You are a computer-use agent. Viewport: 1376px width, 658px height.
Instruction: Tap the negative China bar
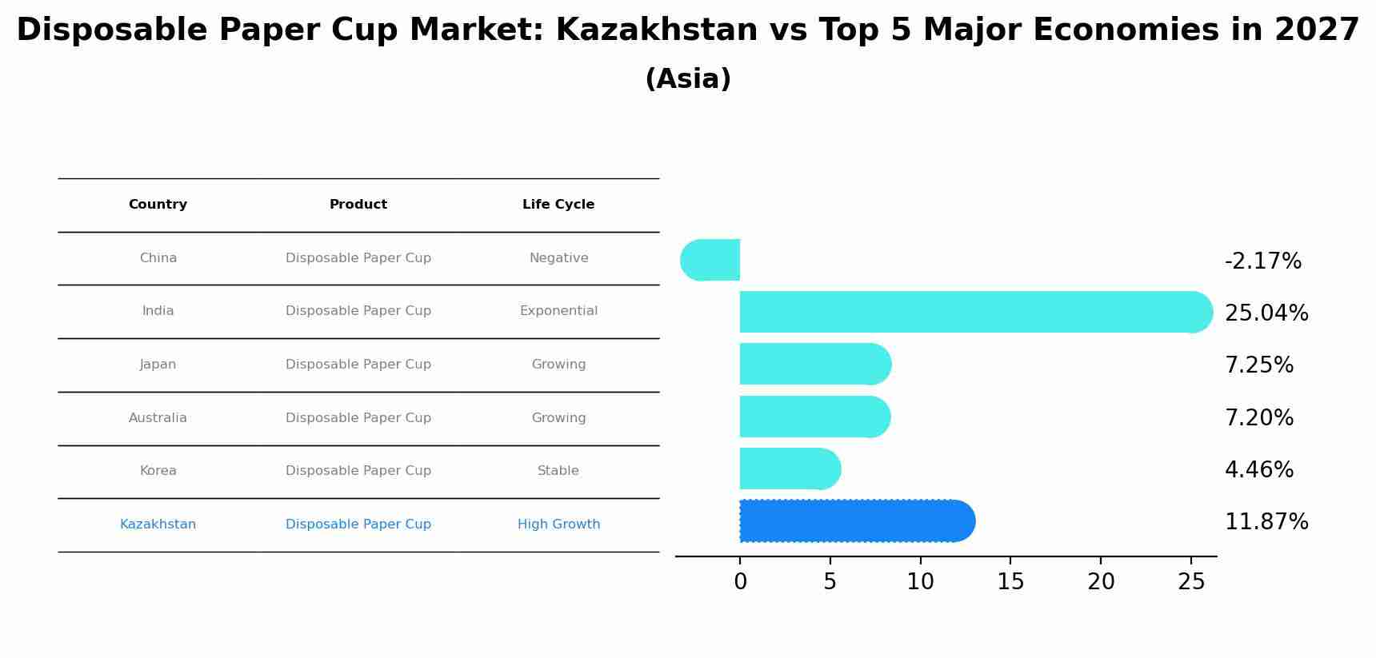point(710,260)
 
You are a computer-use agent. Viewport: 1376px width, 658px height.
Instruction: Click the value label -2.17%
point(1262,261)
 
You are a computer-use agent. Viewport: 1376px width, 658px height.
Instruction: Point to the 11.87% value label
point(1266,522)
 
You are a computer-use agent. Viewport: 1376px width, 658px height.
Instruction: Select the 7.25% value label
point(1258,365)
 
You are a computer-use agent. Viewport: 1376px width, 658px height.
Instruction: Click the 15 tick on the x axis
point(1010,582)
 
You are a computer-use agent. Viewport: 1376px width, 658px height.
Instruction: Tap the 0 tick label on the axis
point(740,582)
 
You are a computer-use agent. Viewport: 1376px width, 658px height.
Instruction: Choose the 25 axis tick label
point(1191,582)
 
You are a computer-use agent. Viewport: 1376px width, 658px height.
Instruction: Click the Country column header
point(158,205)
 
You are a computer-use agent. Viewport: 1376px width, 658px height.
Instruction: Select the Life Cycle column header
point(558,205)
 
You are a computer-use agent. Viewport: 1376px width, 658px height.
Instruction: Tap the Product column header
point(358,205)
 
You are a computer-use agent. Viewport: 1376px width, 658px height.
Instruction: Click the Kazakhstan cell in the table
point(158,524)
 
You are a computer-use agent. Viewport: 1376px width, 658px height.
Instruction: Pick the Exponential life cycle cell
point(558,311)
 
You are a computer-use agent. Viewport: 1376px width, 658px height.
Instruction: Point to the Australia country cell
point(158,418)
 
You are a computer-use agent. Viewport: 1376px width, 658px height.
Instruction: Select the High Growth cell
point(558,524)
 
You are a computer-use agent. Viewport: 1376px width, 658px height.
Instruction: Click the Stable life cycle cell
point(558,471)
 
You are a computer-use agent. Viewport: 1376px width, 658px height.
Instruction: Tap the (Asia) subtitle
point(687,79)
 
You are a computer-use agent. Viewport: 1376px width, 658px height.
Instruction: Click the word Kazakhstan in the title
point(656,30)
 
